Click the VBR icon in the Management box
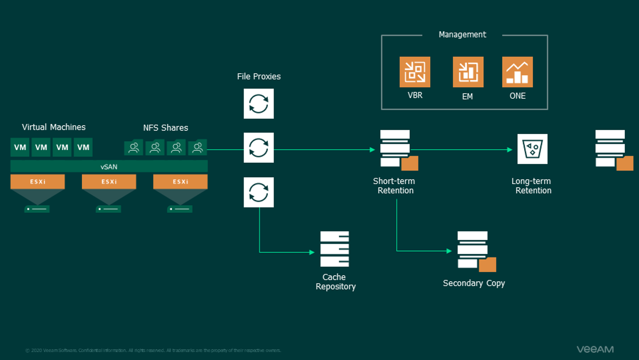[x=414, y=72]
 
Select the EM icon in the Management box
[x=468, y=72]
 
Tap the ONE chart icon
[x=517, y=72]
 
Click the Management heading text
[x=462, y=35]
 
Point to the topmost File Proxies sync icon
[x=259, y=104]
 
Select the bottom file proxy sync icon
[x=259, y=192]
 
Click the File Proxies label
[x=259, y=76]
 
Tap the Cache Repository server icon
[x=334, y=249]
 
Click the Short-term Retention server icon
[x=396, y=149]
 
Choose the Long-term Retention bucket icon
[x=532, y=149]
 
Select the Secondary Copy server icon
[x=474, y=250]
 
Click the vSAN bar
[x=109, y=167]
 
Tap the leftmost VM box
[x=20, y=147]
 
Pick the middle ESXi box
[x=109, y=182]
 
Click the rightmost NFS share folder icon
[x=198, y=148]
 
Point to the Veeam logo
[x=595, y=349]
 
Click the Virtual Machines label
[x=54, y=127]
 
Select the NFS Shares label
[x=165, y=128]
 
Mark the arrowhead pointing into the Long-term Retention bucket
[x=510, y=150]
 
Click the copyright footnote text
[x=153, y=350]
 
